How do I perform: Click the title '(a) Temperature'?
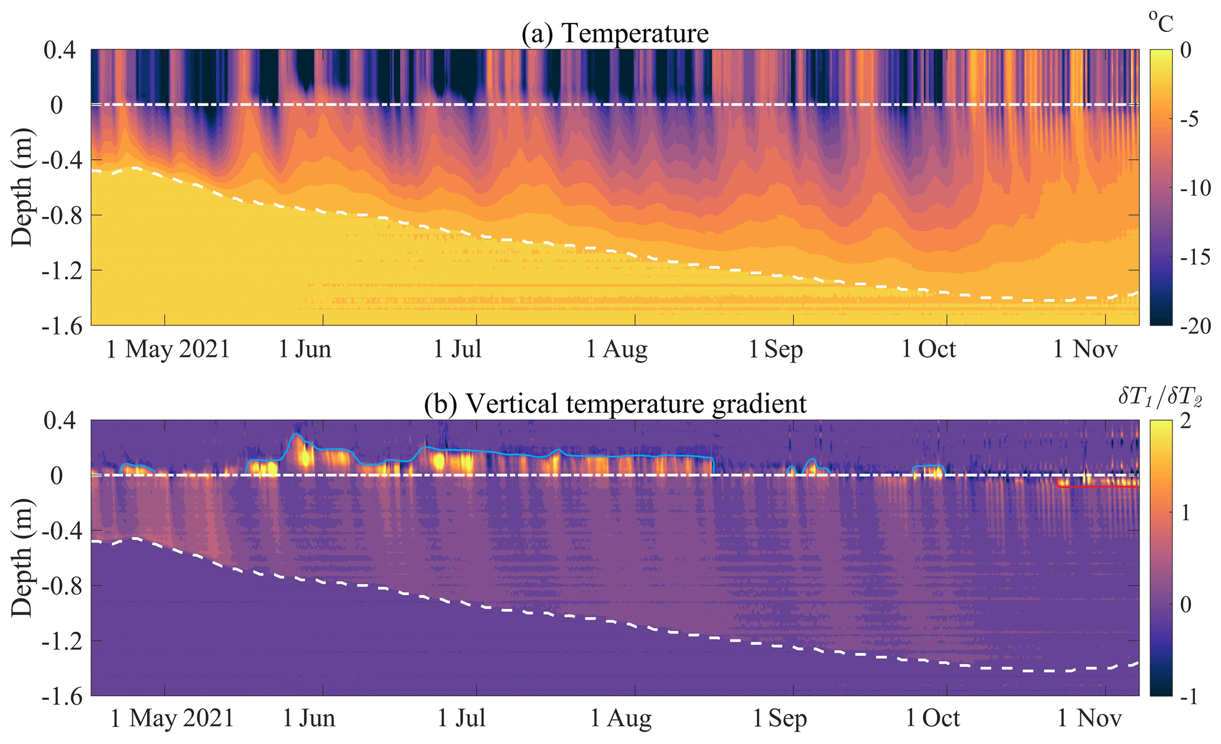[614, 33]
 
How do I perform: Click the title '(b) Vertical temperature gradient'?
[615, 404]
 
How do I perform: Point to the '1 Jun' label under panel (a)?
[305, 349]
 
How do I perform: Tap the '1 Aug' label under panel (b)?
[621, 719]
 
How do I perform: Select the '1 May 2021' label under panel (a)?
[168, 349]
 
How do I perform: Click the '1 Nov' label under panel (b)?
[1089, 719]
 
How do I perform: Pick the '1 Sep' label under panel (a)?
[776, 349]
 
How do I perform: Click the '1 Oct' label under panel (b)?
[933, 719]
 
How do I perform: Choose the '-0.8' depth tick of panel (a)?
[60, 216]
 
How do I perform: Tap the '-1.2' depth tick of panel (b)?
[60, 641]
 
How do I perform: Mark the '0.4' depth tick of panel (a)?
[60, 51]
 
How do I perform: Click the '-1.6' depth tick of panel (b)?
[60, 696]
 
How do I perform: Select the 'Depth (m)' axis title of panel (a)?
[22, 187]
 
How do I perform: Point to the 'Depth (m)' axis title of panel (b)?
[22, 558]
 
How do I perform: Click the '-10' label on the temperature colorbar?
[1195, 189]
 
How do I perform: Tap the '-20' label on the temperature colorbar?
[1195, 326]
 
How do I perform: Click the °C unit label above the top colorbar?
[1161, 22]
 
